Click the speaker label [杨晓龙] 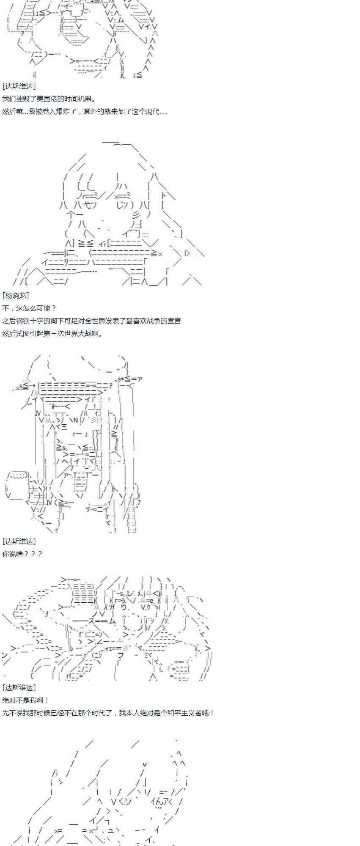click(16, 295)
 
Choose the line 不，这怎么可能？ click(29, 308)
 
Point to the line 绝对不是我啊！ click(26, 700)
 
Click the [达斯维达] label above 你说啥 click(19, 541)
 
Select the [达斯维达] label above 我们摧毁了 click(19, 86)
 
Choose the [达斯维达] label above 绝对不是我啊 click(19, 687)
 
